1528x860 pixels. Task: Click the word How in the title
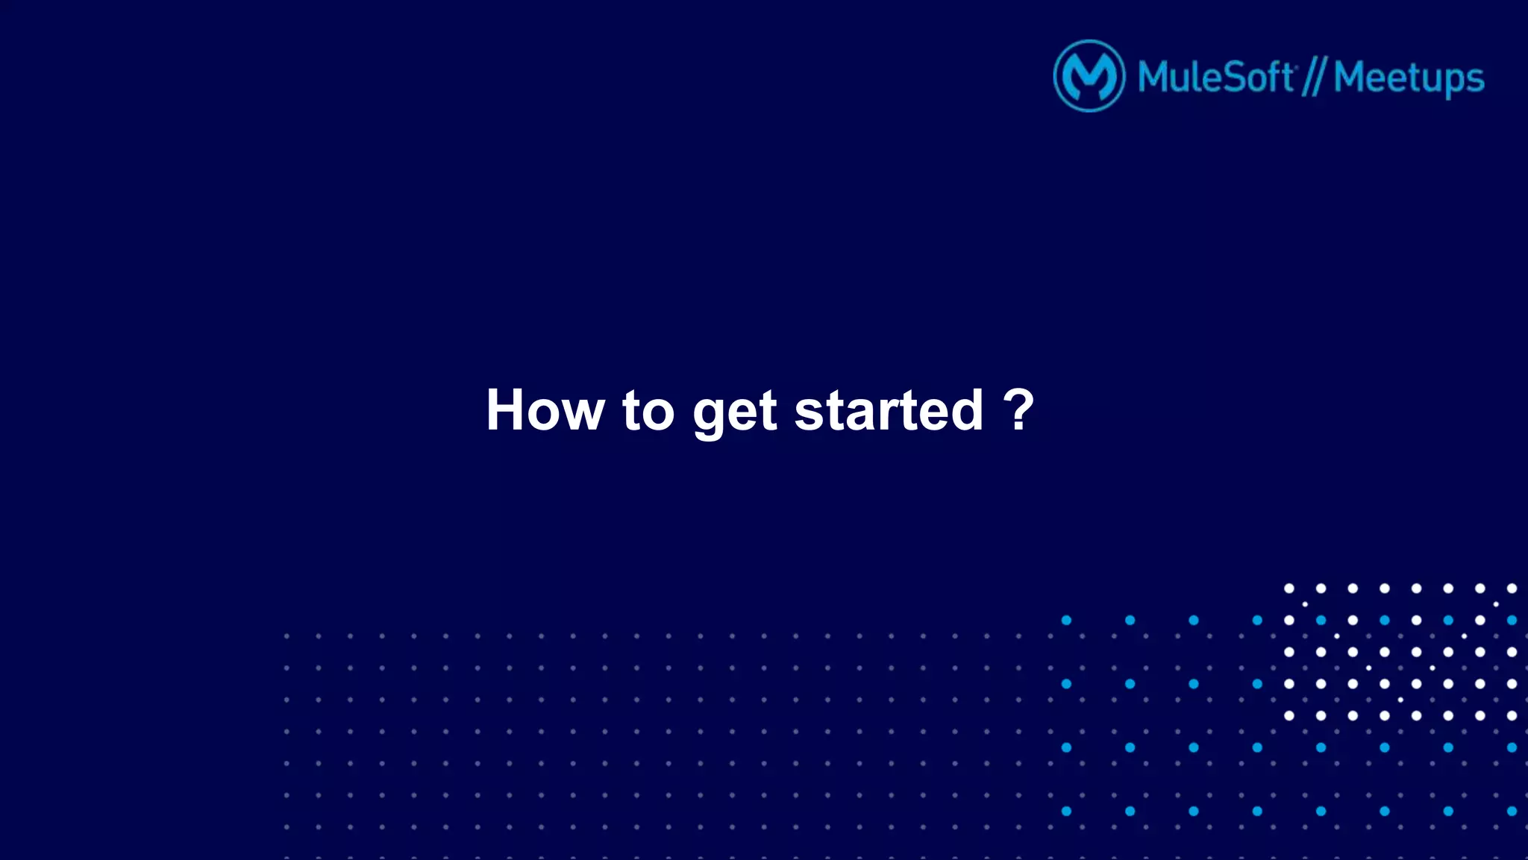point(545,410)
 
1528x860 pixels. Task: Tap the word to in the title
point(648,411)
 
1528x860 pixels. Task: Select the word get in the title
point(735,412)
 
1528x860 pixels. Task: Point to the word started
point(889,410)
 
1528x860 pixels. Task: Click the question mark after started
point(1018,409)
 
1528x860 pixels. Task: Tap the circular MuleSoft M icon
point(1089,76)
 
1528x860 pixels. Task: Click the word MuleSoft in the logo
point(1216,77)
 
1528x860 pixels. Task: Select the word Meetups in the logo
point(1409,78)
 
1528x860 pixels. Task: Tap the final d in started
point(965,410)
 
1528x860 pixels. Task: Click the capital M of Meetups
point(1351,77)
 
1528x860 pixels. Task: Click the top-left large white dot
point(1289,588)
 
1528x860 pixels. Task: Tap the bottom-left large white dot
point(1289,715)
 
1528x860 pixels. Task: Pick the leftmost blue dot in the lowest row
point(1066,811)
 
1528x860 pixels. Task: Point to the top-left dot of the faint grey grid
point(286,636)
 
